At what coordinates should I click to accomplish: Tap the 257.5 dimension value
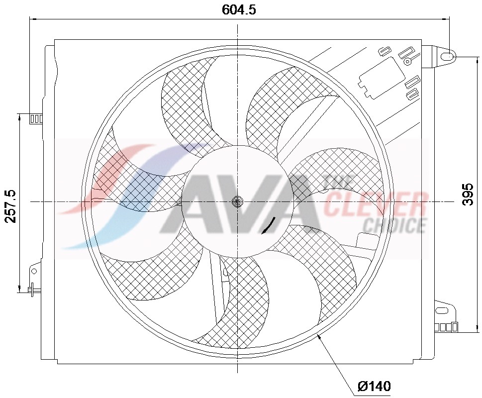[10, 205]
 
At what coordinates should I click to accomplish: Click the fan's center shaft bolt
[237, 201]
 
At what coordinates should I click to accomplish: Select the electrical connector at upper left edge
[36, 119]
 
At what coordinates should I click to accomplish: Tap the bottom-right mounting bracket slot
[441, 311]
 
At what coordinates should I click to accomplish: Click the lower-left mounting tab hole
[34, 271]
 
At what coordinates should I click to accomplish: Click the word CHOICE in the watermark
[394, 225]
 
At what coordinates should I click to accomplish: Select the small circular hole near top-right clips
[407, 61]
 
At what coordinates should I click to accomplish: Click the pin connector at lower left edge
[33, 289]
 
